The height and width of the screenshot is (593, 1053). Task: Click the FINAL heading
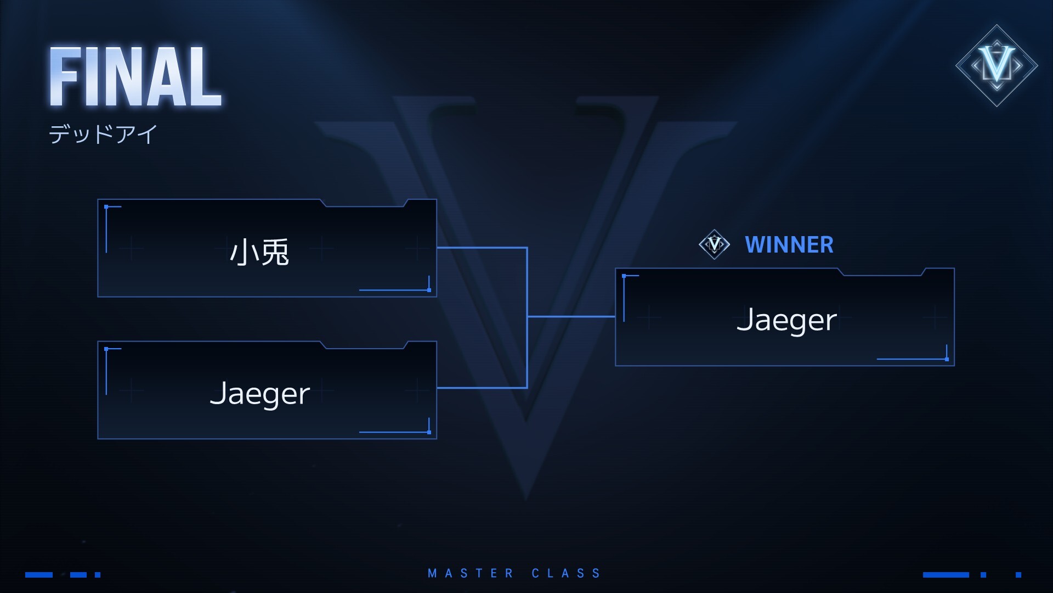tap(135, 77)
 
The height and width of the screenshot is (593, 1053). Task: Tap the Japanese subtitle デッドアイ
tap(103, 134)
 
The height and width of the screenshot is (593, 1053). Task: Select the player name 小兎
tap(259, 252)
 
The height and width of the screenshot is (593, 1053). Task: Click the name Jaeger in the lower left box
tap(260, 394)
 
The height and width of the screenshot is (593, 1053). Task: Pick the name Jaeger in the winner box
tap(786, 320)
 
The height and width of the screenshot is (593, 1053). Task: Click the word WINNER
tap(789, 245)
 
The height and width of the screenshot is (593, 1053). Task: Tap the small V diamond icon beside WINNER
tap(714, 244)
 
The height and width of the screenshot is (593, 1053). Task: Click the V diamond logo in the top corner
tap(997, 65)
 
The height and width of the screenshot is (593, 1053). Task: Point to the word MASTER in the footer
tap(471, 574)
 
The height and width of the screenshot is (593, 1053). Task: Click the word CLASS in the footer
tap(567, 574)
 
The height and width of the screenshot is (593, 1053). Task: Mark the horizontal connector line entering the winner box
tap(571, 317)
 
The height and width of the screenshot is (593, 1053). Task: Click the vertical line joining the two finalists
tap(527, 317)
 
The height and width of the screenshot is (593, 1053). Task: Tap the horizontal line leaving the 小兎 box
tap(482, 248)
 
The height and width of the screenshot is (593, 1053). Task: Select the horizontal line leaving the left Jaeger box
tap(482, 388)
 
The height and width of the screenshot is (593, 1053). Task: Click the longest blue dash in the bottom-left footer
tap(39, 575)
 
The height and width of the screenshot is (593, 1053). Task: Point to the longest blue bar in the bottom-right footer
tap(946, 575)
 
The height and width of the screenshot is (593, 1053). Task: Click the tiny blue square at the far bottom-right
tap(1018, 575)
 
